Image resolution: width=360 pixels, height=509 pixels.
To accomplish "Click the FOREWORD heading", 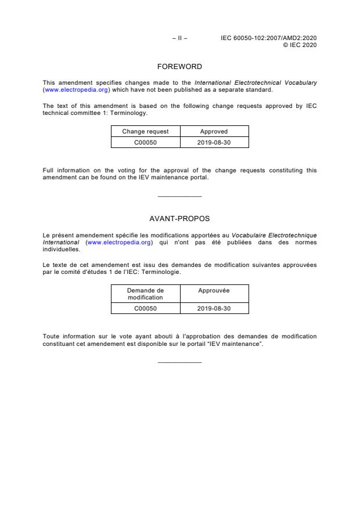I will [x=179, y=66].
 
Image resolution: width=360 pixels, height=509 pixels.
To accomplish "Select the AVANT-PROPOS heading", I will [x=179, y=218].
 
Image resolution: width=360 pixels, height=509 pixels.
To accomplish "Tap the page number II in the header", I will [x=179, y=38].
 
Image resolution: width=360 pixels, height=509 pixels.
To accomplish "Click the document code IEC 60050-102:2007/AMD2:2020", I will [x=269, y=38].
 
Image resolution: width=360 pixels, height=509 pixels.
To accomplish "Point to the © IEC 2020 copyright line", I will [x=300, y=45].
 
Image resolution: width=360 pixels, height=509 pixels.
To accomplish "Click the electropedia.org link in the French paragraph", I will [x=119, y=242].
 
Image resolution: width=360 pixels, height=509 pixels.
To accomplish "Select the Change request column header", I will [x=145, y=132].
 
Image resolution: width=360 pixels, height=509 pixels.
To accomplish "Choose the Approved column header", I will [x=214, y=132].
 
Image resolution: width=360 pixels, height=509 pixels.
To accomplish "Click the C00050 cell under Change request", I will [x=145, y=142].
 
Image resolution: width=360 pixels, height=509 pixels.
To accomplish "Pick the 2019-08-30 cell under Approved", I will [x=214, y=142].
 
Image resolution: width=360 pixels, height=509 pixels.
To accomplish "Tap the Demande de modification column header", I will [x=145, y=294].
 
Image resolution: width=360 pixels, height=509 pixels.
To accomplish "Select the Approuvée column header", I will [x=214, y=290].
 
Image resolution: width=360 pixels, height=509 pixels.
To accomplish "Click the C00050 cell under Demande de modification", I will [x=145, y=308].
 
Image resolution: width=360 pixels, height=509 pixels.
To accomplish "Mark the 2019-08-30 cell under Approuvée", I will [x=214, y=308].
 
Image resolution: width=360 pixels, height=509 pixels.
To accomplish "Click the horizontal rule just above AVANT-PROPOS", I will [x=179, y=196].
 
